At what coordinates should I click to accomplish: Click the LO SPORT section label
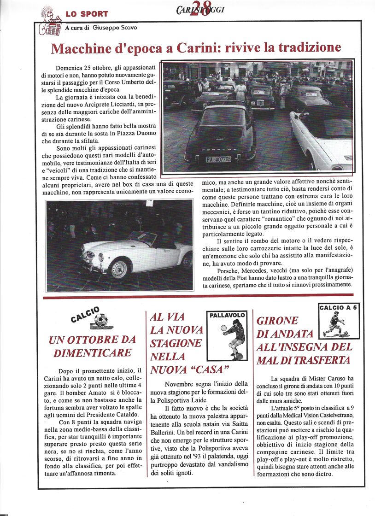(87, 14)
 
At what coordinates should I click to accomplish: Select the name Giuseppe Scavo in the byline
(114, 28)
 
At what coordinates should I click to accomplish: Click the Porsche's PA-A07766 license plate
(218, 159)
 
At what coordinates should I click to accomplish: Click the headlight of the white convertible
(100, 257)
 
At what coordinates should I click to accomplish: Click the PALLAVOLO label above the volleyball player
(223, 316)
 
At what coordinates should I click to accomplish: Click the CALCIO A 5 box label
(339, 307)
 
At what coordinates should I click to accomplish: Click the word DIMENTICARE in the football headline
(93, 353)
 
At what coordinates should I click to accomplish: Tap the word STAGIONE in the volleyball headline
(176, 343)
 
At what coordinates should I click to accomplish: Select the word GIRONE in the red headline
(277, 321)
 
